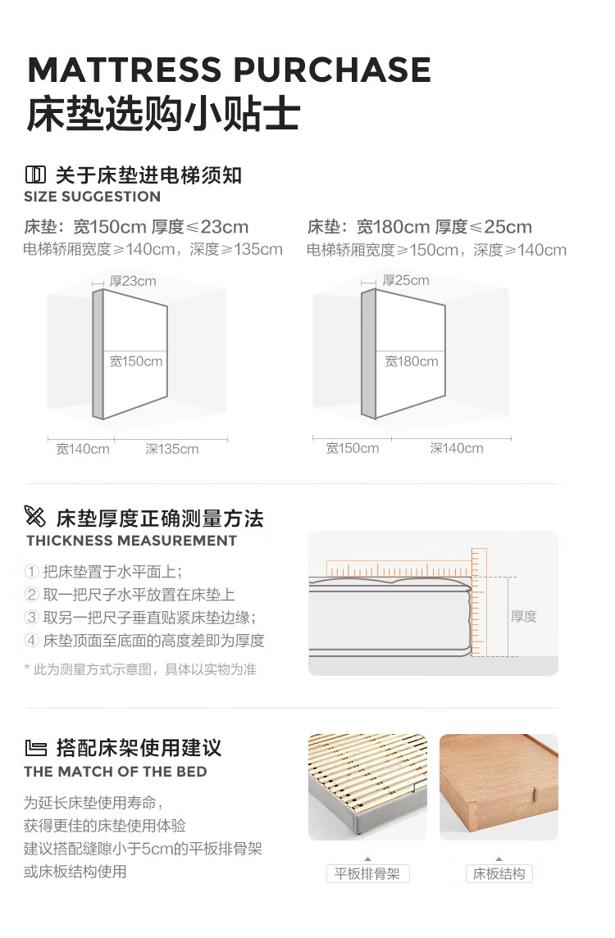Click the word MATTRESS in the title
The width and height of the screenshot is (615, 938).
125,70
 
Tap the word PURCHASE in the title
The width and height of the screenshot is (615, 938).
332,70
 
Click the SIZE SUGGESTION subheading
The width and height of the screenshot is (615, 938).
92,197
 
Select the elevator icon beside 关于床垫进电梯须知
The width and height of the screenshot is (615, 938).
35,174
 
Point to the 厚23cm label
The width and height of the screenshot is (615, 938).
133,281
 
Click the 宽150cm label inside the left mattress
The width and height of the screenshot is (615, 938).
136,361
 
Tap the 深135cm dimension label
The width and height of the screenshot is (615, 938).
172,449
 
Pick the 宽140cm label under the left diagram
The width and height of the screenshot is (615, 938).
83,449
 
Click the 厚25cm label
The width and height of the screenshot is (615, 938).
406,280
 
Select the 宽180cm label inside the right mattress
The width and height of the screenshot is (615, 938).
412,361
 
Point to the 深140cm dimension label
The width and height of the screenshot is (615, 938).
456,449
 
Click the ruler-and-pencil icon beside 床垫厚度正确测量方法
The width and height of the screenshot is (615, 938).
34,516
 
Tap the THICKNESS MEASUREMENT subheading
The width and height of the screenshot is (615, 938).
131,541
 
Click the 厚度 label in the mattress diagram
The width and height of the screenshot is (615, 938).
524,617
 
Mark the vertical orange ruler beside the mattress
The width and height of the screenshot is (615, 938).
479,602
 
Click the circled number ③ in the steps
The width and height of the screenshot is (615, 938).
32,618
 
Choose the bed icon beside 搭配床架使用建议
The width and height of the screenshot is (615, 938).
36,748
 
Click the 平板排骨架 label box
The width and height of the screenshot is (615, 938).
367,874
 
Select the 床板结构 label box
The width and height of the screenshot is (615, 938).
499,874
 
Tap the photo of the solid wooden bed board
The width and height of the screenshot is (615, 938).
499,786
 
